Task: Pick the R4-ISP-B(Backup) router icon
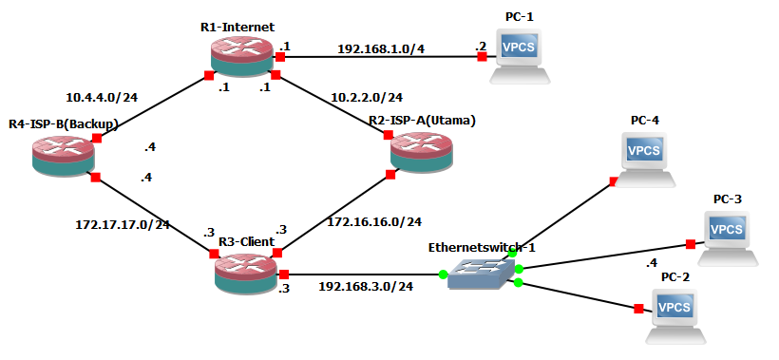[63, 153]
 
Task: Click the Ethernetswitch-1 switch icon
[480, 275]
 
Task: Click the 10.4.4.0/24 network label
[104, 97]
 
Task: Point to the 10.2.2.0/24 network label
[367, 97]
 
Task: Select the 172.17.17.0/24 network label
[122, 224]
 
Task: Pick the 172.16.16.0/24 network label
[373, 221]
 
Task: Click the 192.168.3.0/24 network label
[365, 286]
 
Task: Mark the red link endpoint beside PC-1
[483, 57]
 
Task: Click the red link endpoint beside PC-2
[637, 308]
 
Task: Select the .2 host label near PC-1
[481, 44]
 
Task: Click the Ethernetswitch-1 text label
[482, 247]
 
